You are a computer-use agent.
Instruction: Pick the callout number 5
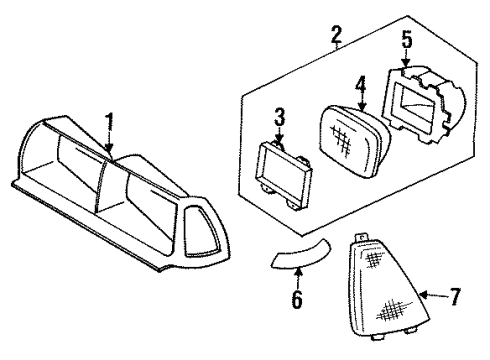click(406, 42)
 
